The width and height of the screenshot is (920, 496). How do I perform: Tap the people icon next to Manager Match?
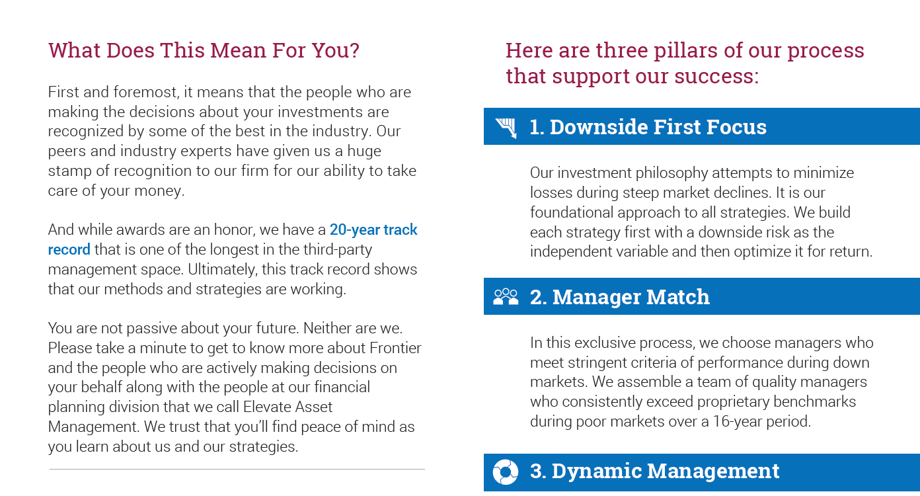506,296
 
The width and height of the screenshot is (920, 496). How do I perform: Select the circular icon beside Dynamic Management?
505,472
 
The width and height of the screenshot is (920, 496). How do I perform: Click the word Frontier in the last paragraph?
395,348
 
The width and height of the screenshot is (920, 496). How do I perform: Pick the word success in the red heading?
710,76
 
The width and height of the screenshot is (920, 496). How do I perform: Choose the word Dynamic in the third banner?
596,471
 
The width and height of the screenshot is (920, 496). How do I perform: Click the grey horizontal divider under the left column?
237,469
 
